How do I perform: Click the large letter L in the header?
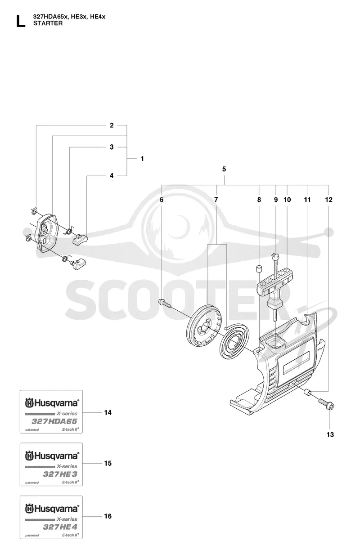click(21, 21)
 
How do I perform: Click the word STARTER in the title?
click(48, 23)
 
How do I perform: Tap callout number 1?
click(142, 159)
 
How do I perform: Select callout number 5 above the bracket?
click(224, 169)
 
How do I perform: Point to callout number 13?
click(330, 434)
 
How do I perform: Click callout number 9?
click(276, 200)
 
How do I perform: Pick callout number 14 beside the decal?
click(108, 412)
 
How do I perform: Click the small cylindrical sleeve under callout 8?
click(259, 268)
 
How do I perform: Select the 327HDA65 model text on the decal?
click(54, 421)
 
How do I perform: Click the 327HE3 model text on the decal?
click(60, 474)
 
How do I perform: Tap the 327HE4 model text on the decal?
click(60, 527)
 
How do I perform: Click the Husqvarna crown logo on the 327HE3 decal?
click(29, 456)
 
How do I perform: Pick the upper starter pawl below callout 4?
click(81, 239)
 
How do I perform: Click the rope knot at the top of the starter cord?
click(274, 256)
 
